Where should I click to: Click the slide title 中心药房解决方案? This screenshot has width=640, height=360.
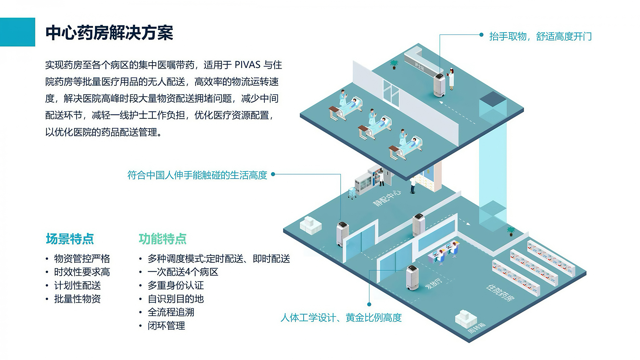click(109, 33)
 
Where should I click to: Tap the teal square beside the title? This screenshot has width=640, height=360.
click(17, 32)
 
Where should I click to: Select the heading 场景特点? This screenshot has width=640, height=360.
click(70, 239)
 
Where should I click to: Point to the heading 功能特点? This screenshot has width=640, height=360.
click(162, 239)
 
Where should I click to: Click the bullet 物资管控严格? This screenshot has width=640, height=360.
click(82, 259)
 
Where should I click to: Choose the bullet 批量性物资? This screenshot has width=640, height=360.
click(77, 299)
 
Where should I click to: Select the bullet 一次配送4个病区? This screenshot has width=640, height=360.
click(183, 272)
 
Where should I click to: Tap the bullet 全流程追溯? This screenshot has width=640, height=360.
click(171, 312)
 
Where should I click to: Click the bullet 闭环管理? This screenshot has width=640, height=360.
click(166, 326)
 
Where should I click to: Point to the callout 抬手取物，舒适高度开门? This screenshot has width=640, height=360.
click(540, 36)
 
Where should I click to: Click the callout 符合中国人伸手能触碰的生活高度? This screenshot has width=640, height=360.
click(197, 175)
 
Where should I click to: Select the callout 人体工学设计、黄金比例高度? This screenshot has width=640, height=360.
click(341, 318)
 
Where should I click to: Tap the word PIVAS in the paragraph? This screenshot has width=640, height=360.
click(247, 65)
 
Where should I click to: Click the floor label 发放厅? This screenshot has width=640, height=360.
click(434, 284)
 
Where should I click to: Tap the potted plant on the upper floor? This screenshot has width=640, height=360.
click(394, 64)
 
